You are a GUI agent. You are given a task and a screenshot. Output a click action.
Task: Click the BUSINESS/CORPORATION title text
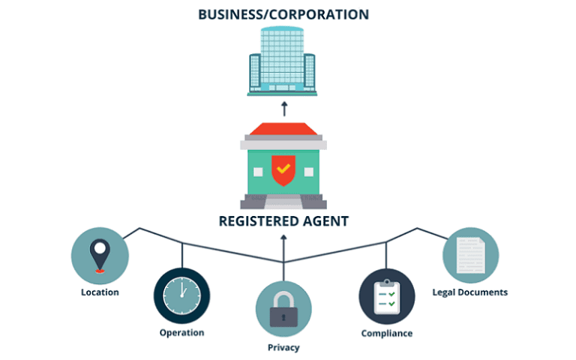click(x=283, y=13)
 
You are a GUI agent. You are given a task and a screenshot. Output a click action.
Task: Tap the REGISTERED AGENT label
click(x=283, y=221)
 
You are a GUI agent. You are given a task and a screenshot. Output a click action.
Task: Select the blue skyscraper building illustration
click(x=283, y=61)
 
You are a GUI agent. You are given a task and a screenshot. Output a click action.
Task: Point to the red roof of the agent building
click(x=283, y=129)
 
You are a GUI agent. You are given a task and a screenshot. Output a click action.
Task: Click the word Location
click(x=100, y=292)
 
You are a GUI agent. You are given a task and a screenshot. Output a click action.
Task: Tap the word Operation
click(x=181, y=332)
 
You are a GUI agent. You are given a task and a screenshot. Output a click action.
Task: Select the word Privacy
click(x=283, y=347)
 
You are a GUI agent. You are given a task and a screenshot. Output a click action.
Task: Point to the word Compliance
click(x=386, y=333)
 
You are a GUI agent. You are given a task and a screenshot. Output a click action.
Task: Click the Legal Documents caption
click(x=470, y=292)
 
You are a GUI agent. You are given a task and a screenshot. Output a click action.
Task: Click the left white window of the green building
click(x=256, y=172)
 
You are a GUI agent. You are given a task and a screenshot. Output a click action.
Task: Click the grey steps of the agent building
click(x=283, y=201)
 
